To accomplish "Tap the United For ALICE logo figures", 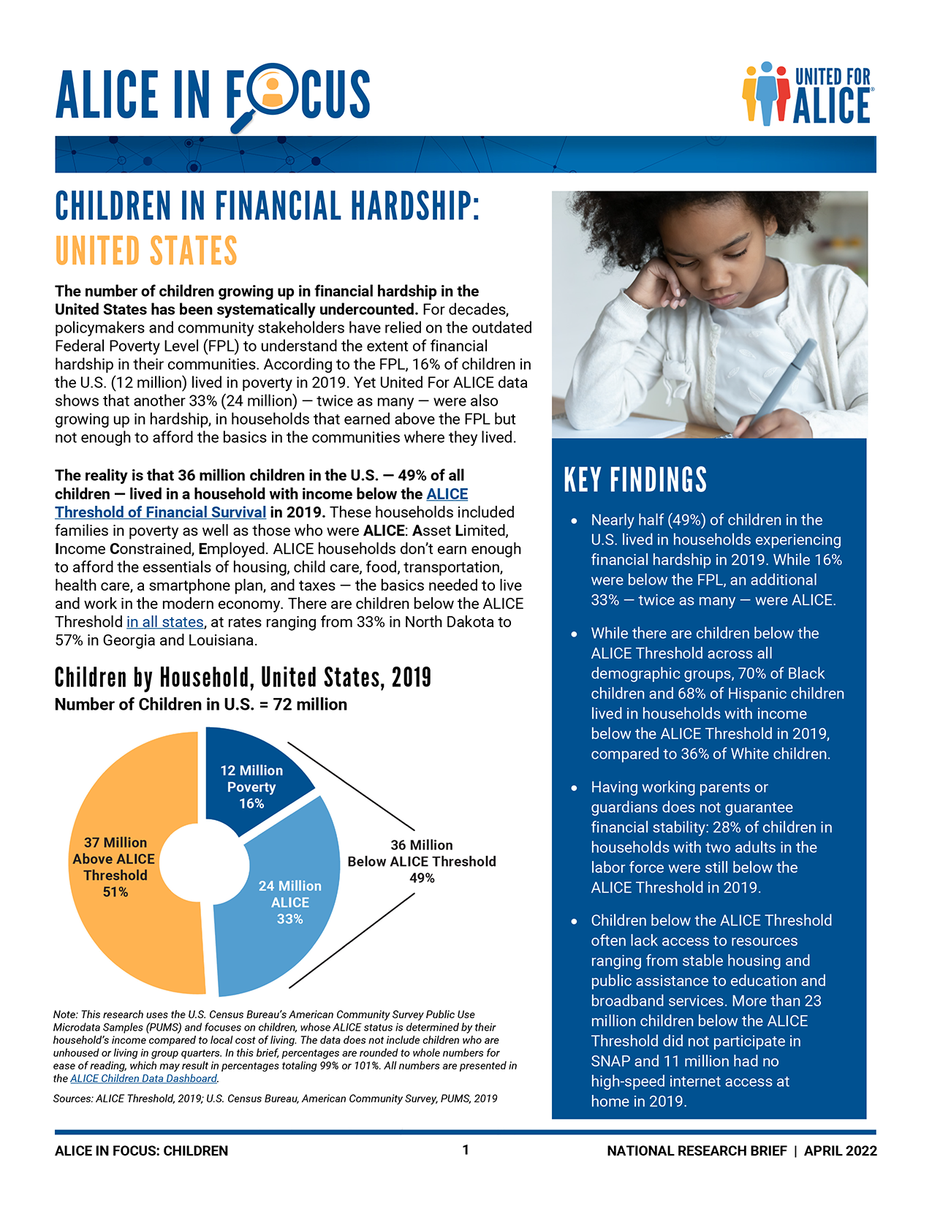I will (x=766, y=94).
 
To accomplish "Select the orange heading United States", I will (x=146, y=251).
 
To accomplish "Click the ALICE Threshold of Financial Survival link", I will (x=160, y=512).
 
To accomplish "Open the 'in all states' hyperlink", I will (x=164, y=622).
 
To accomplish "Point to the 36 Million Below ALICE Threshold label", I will (x=422, y=861).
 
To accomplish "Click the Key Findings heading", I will (x=635, y=480).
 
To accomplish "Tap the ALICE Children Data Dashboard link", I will (x=143, y=1079).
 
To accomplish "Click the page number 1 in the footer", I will (x=466, y=1150).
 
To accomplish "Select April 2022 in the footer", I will (x=840, y=1150).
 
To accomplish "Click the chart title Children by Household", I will (x=243, y=678).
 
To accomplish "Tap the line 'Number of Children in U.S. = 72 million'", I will (x=201, y=705).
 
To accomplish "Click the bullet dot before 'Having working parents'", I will (x=575, y=788).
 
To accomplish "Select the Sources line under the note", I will (x=275, y=1099).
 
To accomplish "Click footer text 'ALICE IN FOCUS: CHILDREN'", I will (x=141, y=1150).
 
